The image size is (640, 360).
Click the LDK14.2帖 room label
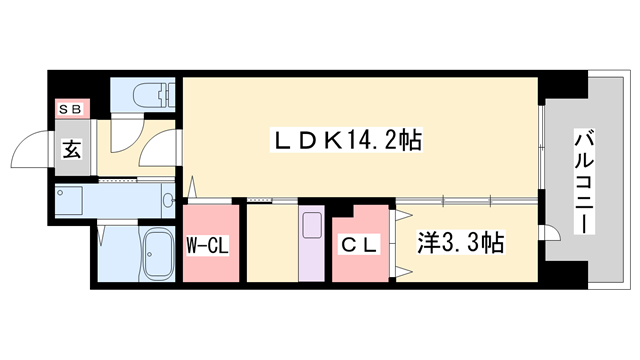click(x=346, y=142)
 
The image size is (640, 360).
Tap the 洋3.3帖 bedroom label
click(x=459, y=242)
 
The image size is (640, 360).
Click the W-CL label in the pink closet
click(x=208, y=243)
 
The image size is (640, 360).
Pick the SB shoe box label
click(x=71, y=108)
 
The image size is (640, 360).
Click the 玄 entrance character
click(x=73, y=150)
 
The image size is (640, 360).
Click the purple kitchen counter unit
click(x=311, y=243)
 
